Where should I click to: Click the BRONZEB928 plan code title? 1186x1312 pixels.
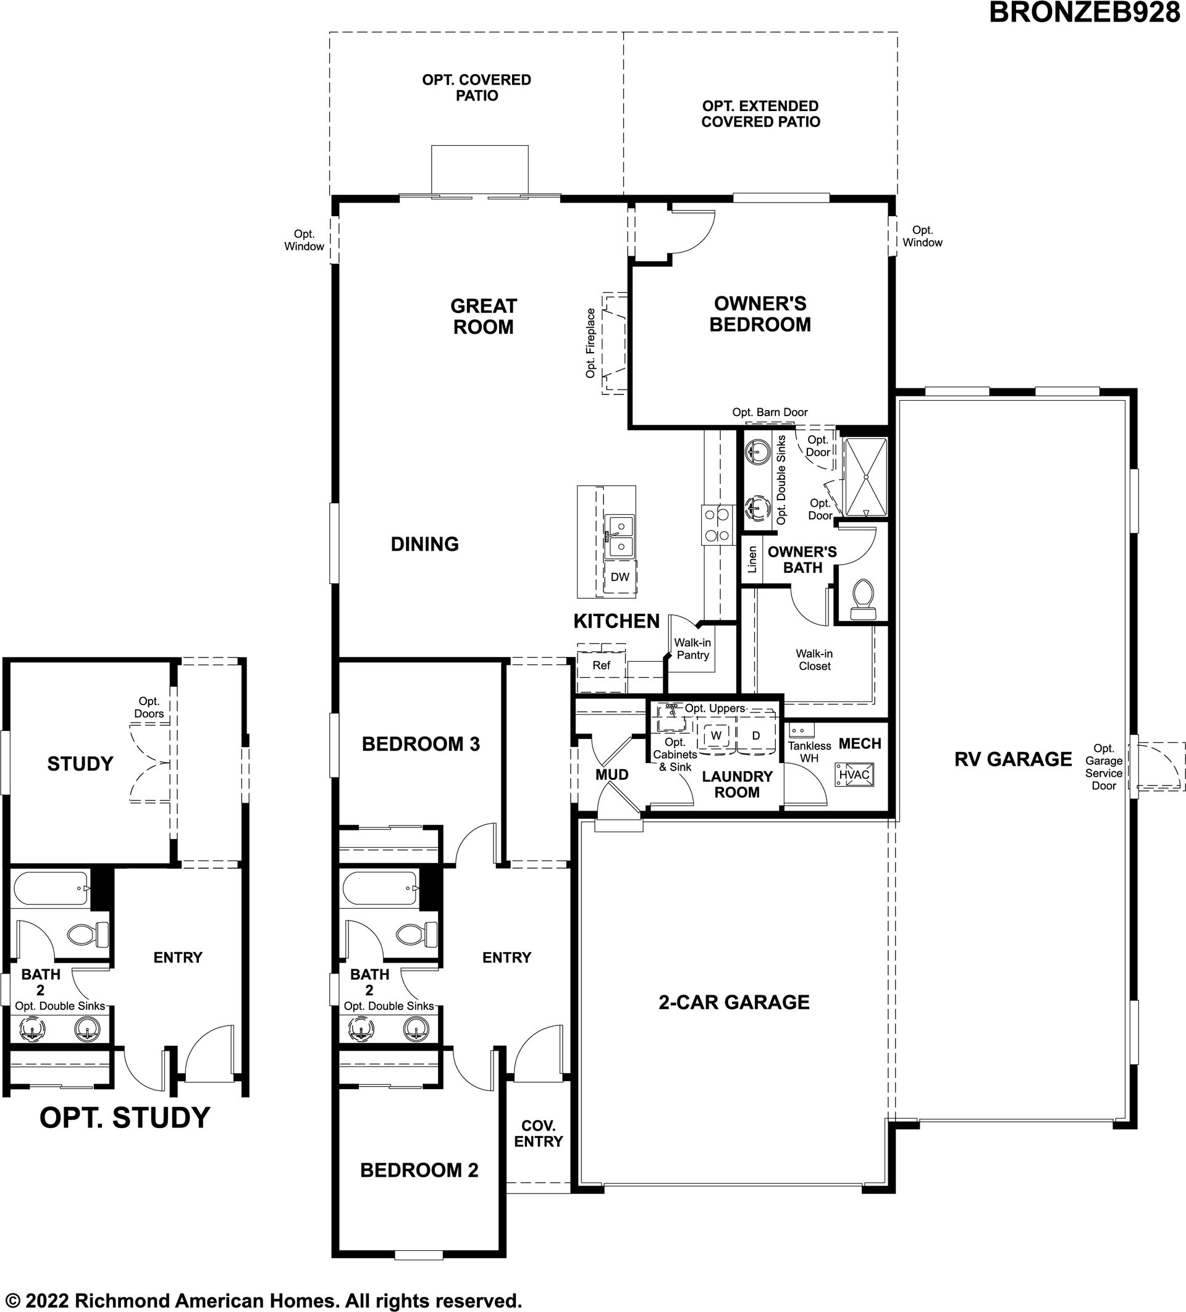click(1084, 13)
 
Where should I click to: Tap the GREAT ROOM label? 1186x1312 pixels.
click(484, 316)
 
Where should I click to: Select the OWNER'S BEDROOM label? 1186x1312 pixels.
click(760, 314)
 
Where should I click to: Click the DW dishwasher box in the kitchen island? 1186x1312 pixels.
click(620, 577)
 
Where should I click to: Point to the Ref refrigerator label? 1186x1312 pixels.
click(602, 665)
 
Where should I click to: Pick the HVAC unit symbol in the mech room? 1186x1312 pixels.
click(854, 774)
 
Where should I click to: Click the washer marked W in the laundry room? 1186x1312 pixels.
click(716, 735)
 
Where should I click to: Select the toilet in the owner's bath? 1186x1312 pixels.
click(864, 600)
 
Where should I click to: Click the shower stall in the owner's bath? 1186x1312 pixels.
click(866, 478)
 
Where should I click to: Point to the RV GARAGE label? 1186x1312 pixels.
click(1013, 759)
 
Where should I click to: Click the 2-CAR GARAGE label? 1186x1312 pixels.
click(734, 1002)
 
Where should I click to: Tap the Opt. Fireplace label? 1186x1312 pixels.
click(591, 343)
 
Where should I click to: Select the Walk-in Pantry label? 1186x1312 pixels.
click(692, 649)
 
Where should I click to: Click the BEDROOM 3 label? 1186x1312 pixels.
click(421, 744)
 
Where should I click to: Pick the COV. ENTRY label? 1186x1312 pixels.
click(538, 1133)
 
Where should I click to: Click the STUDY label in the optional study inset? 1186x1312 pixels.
click(80, 763)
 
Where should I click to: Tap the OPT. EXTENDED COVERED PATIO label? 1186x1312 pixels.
click(760, 114)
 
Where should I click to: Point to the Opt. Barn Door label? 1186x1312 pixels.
click(770, 412)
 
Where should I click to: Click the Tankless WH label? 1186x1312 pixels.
click(810, 751)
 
